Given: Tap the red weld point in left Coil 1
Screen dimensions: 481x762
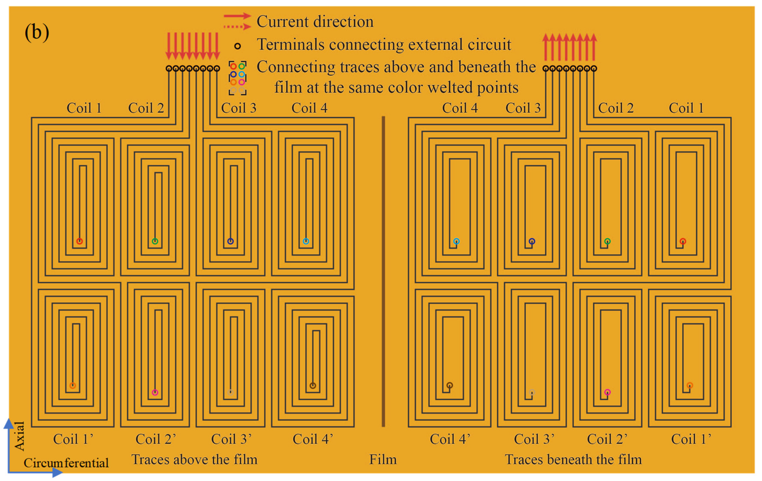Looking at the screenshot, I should (x=80, y=241).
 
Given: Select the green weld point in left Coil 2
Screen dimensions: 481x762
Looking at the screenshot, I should (x=155, y=241).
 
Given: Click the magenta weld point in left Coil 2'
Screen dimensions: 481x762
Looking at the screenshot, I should (x=155, y=392).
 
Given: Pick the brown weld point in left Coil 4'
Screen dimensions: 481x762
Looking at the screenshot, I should (x=313, y=385).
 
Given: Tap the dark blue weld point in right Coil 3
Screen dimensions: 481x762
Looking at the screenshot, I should (x=532, y=241).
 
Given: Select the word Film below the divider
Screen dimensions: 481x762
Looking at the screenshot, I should (x=383, y=459).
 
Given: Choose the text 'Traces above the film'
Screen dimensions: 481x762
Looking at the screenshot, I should (x=194, y=459).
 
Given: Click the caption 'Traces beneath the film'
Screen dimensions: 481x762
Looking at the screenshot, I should (x=573, y=459).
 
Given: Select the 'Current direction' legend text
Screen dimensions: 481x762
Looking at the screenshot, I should (x=315, y=22).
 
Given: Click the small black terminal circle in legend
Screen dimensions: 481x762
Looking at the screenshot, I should (x=237, y=46).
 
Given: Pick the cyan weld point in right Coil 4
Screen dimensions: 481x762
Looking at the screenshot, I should (x=456, y=241).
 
